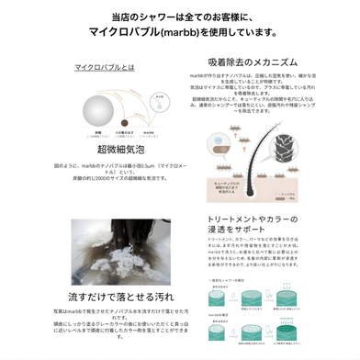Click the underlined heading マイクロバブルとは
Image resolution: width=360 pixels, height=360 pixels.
pyautogui.click(x=103, y=67)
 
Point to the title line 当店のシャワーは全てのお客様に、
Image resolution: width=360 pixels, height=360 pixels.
pyautogui.click(x=180, y=17)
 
